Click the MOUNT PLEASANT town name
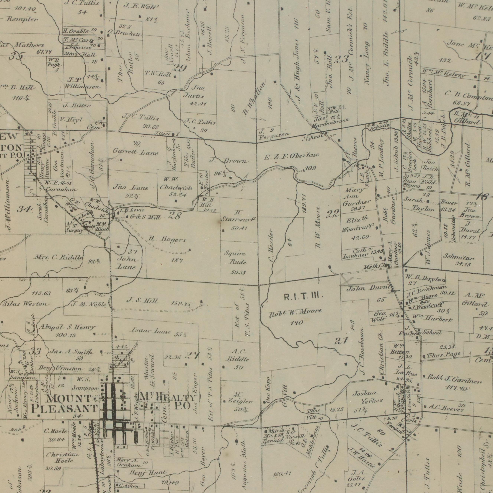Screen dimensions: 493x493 coord(61,403)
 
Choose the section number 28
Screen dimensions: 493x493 coord(175,216)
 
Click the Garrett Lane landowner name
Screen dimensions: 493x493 coord(136,153)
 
